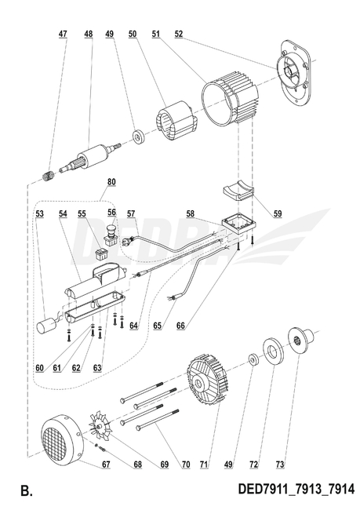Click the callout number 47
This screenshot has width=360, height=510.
(x=63, y=35)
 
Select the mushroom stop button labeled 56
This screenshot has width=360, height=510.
(x=110, y=232)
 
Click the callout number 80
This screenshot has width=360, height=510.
(x=110, y=183)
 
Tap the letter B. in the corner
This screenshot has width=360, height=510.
(x=27, y=492)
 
